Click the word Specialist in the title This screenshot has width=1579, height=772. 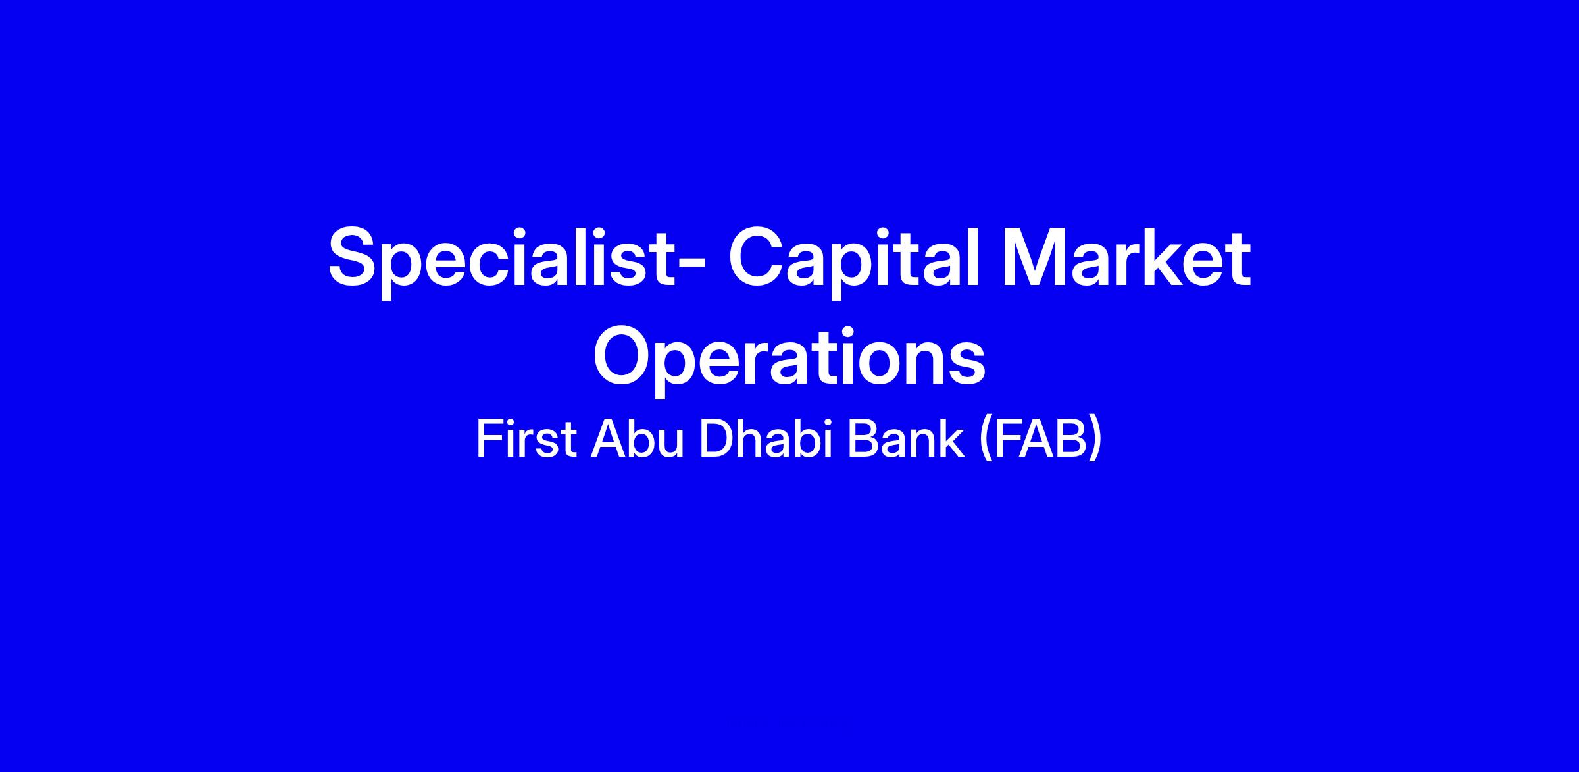503,259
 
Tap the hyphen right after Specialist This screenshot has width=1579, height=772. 692,263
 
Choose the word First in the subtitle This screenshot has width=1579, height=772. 526,439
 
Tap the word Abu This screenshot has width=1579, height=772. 638,439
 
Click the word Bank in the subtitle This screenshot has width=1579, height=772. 901,439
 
